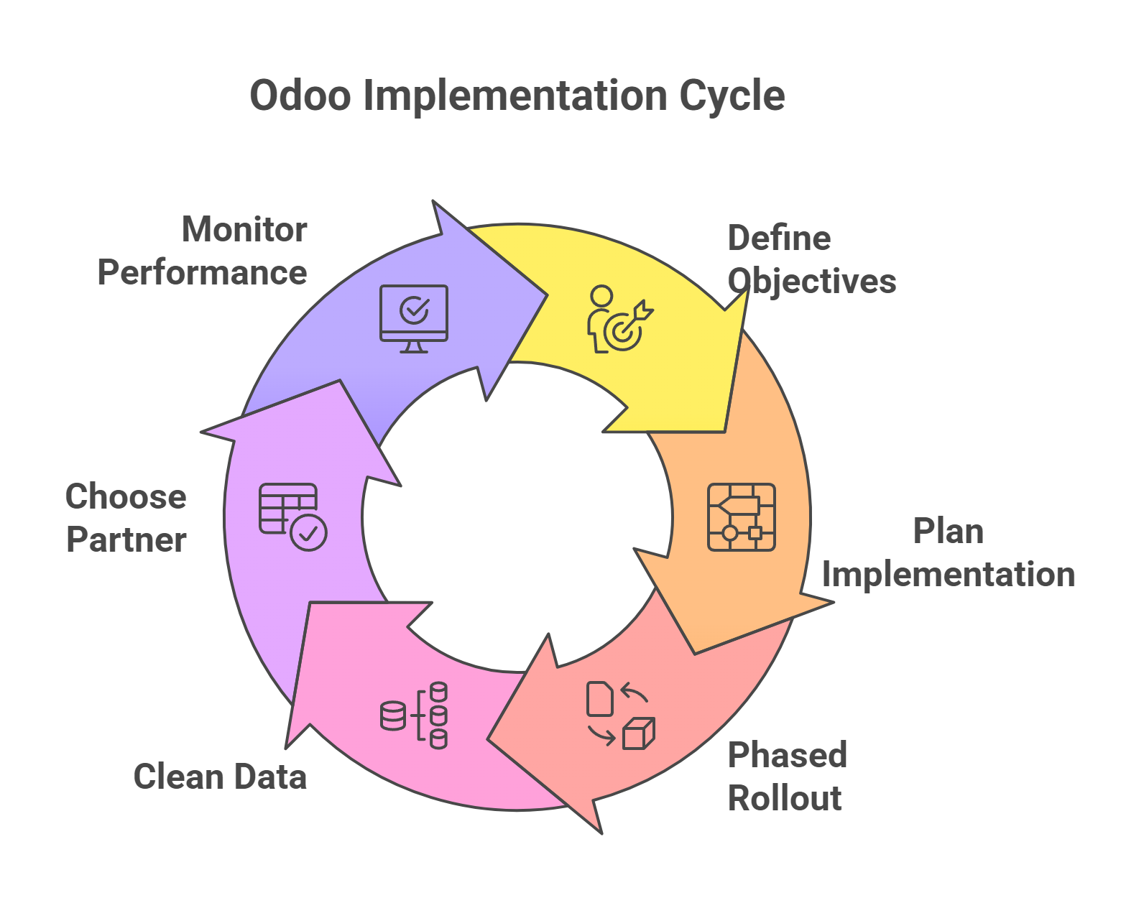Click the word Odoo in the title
[x=300, y=96]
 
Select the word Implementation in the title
[x=515, y=97]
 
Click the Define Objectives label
[x=811, y=260]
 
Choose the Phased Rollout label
[x=787, y=775]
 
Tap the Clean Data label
[x=220, y=777]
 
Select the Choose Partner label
[x=126, y=518]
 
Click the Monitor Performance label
[x=202, y=251]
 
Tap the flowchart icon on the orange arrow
[x=742, y=517]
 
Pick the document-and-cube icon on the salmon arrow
[x=620, y=716]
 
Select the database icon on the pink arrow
[x=414, y=716]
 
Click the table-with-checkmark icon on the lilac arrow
[x=292, y=517]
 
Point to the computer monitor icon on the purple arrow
[x=414, y=319]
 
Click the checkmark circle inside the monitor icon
[x=414, y=310]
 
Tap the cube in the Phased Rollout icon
[x=639, y=733]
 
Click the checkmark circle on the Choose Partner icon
[x=309, y=533]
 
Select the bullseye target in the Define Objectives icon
[x=622, y=331]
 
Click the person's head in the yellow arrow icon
[x=601, y=296]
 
